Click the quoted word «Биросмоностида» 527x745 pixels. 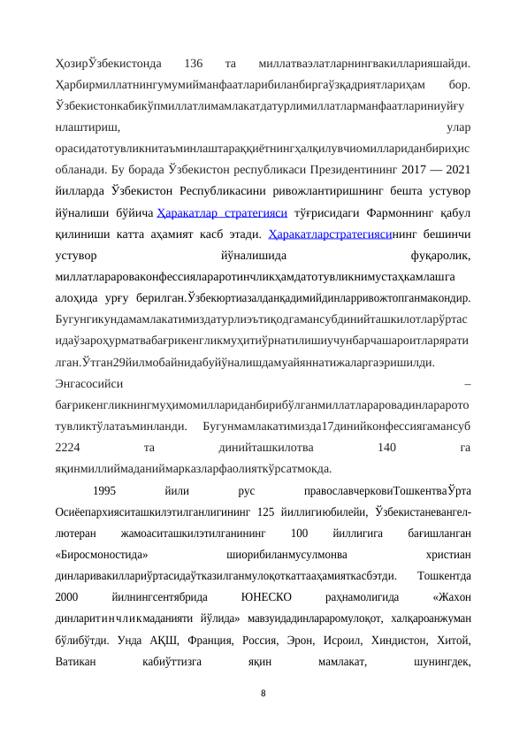pyautogui.click(x=101, y=553)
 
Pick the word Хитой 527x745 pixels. pyautogui.click(x=453, y=639)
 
